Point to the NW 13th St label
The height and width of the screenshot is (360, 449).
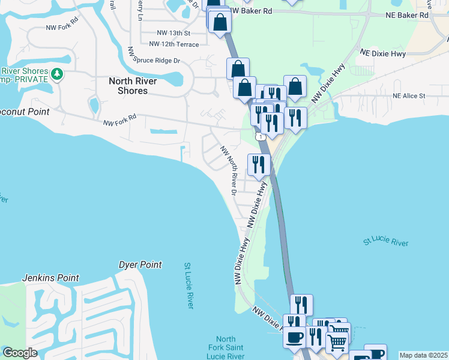[x=173, y=33]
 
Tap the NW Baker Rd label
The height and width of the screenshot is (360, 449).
[x=251, y=11]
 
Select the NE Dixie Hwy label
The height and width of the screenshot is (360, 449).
[x=383, y=53]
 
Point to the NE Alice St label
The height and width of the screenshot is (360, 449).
[x=409, y=95]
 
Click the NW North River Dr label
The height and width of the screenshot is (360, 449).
[x=229, y=170]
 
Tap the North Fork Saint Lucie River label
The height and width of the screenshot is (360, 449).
[x=226, y=348]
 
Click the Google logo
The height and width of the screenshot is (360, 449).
[x=20, y=353]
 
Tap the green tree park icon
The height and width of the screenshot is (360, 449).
[x=57, y=74]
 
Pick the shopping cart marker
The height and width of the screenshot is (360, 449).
[x=337, y=342]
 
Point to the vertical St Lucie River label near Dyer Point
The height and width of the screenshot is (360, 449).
[x=188, y=286]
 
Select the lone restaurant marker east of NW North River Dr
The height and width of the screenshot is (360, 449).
[x=259, y=164]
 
